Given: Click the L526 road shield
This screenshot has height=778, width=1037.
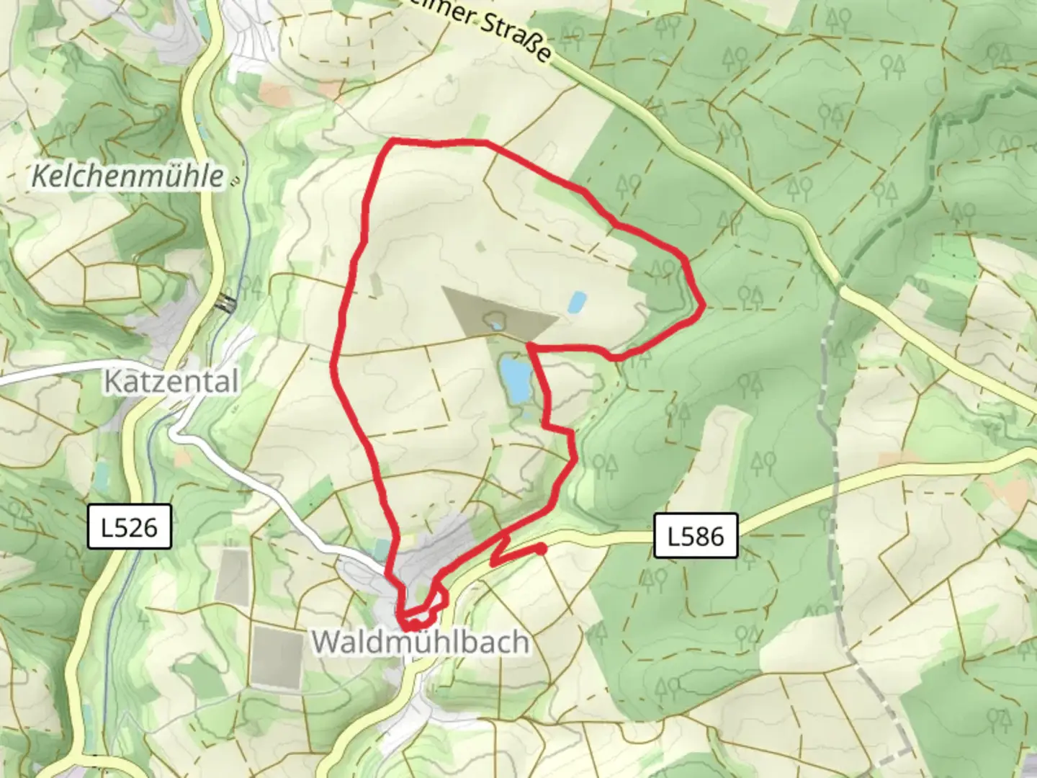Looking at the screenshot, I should click(130, 527).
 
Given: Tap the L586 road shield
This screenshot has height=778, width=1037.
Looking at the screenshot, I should click(696, 535).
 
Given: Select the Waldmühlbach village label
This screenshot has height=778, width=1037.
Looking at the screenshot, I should click(421, 642).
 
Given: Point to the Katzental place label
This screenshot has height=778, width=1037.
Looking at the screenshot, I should click(171, 381).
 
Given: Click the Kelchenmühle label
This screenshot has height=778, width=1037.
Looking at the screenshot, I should click(127, 176).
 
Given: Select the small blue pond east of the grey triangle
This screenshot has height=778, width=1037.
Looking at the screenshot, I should click(576, 302).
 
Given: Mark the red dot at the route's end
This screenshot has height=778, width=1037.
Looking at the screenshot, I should click(542, 550).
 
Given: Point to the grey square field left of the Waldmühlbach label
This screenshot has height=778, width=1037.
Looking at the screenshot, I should click(277, 656).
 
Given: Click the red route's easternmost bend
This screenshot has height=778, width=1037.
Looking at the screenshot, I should click(702, 306).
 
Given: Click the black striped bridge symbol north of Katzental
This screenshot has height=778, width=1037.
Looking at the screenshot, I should click(228, 303).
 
